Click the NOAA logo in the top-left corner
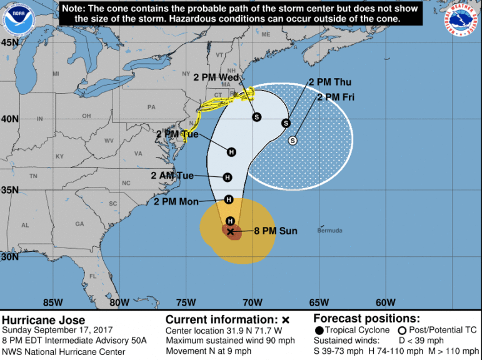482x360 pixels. coord(17,19)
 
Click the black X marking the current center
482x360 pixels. coord(230,232)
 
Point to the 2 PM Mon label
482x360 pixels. coord(176,201)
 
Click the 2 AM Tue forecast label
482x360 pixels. coord(172,176)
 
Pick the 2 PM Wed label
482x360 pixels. coord(216,77)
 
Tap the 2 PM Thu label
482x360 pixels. coord(329,82)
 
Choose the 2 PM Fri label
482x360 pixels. coord(338,97)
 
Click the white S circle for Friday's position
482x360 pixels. coord(292,141)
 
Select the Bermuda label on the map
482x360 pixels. coord(331,231)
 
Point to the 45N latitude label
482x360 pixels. coord(9,42)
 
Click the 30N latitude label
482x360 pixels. coord(9,257)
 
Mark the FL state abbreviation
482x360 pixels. coord(93,276)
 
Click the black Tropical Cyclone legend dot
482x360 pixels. coord(319,330)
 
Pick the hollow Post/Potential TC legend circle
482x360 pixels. coord(401,330)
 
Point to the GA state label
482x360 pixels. coord(79,224)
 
